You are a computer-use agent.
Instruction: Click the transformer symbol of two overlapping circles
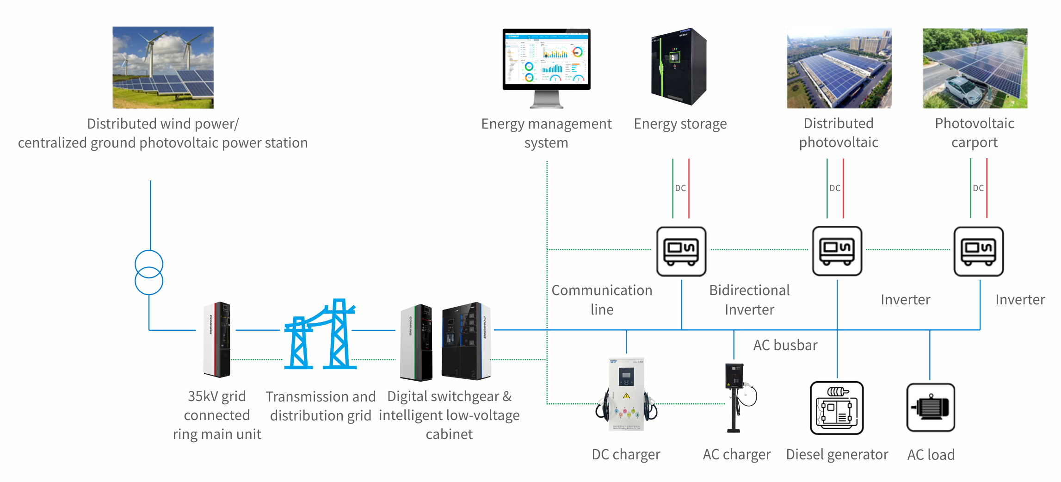(x=149, y=272)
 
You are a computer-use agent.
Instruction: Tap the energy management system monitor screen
(x=546, y=59)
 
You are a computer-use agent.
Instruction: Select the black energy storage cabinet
(x=679, y=67)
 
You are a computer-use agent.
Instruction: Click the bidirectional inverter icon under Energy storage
(x=681, y=251)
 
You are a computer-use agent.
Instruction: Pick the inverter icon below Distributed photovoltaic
(x=837, y=251)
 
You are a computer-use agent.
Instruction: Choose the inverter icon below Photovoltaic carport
(x=979, y=251)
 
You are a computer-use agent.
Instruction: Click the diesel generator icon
(x=837, y=408)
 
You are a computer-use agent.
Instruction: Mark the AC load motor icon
(x=931, y=408)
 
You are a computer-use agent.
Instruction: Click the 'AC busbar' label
(x=785, y=346)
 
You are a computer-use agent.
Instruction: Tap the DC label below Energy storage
(x=680, y=188)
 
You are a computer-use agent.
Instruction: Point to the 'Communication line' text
(x=602, y=300)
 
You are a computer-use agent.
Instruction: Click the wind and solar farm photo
(x=163, y=68)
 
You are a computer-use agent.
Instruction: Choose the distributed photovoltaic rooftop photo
(x=839, y=68)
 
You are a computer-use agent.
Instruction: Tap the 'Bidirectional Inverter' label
(x=749, y=300)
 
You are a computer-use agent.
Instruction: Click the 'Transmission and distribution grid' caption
(x=321, y=406)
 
